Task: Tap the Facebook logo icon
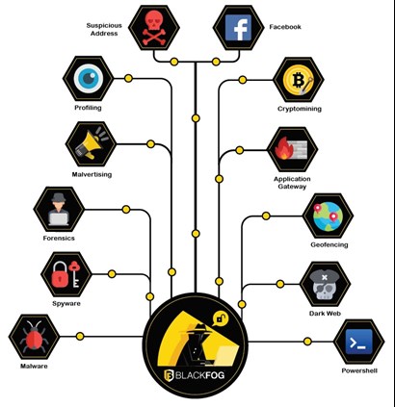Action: tap(239, 28)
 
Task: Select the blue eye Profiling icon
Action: tap(89, 78)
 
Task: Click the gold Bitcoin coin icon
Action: tap(299, 80)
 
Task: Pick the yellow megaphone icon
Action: tap(92, 143)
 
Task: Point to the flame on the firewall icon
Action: tap(283, 148)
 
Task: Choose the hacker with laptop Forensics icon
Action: tap(59, 209)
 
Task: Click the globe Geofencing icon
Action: tap(328, 216)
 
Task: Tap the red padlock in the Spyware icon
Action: tap(61, 274)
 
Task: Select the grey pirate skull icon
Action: tap(326, 284)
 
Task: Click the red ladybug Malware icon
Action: tap(34, 337)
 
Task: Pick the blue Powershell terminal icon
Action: tap(359, 342)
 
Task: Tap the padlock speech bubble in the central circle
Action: tap(221, 319)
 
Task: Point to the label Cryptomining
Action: tap(300, 109)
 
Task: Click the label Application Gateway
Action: tap(292, 183)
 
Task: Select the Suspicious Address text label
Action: tap(104, 29)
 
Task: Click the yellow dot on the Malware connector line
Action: tap(80, 336)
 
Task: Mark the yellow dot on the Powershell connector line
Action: tap(307, 342)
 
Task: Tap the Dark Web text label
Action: tap(325, 314)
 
